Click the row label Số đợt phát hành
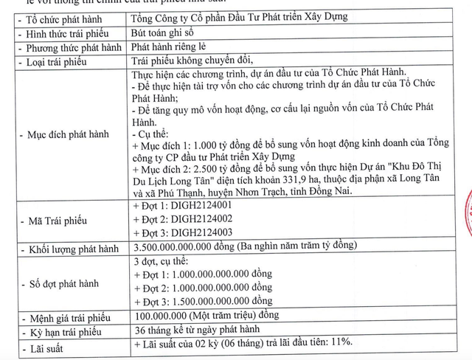point(67,280)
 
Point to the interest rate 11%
point(340,344)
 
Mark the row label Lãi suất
point(46,345)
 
